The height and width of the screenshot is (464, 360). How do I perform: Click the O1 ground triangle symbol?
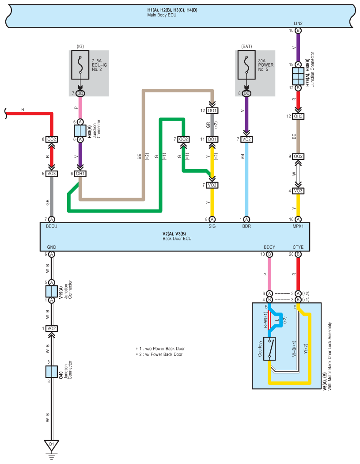coord(52,445)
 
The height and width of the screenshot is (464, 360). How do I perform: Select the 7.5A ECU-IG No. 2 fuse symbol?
coord(80,65)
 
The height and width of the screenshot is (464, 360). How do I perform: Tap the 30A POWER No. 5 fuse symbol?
coord(246,65)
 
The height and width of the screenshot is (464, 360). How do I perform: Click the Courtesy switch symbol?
coord(269,349)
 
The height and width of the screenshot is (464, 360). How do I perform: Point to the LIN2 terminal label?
coord(298,23)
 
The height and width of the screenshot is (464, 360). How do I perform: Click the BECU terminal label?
coord(52,226)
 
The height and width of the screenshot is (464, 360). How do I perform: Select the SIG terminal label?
coord(212,226)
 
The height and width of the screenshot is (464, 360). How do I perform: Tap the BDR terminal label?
coord(246,226)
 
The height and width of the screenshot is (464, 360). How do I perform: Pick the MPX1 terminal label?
coord(298,226)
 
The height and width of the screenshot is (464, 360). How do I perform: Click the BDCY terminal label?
coord(269,247)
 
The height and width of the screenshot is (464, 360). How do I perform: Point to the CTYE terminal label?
coord(298,247)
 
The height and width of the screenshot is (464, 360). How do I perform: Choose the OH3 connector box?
coord(298,116)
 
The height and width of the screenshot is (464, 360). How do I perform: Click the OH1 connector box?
coord(80,174)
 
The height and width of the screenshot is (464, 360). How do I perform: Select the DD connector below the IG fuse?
coord(80,94)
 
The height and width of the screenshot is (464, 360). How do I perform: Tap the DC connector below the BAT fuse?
coord(246,94)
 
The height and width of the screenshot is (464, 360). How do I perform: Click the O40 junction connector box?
coord(52,372)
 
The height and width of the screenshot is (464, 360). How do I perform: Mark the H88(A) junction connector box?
coord(80,130)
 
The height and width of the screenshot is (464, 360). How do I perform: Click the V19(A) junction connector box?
coord(52,292)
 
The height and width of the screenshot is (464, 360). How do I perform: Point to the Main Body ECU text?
coord(162,15)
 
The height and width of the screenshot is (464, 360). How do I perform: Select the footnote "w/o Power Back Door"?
coord(165,349)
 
